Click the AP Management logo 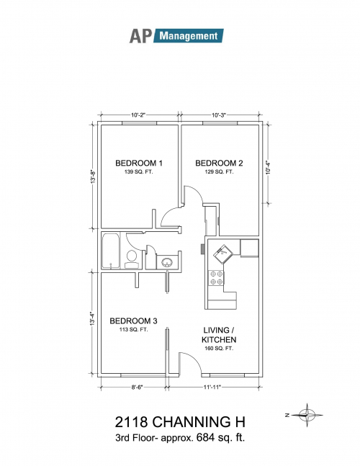click(x=176, y=36)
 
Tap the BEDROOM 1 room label click(x=139, y=163)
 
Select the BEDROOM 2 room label click(x=219, y=163)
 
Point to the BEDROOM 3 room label click(x=133, y=321)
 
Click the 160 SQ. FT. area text click(x=219, y=349)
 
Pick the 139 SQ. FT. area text click(x=139, y=171)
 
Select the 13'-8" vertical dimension click(x=94, y=176)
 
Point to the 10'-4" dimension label click(x=268, y=167)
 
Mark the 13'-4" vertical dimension click(x=93, y=318)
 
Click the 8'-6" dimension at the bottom click(x=137, y=387)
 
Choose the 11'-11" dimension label click(x=212, y=387)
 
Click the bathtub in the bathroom click(x=111, y=251)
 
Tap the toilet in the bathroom click(x=131, y=259)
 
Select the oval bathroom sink click(x=166, y=262)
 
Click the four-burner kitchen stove click(x=216, y=277)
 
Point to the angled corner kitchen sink click(x=223, y=254)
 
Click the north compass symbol click(x=307, y=415)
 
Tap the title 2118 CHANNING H click(x=180, y=422)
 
